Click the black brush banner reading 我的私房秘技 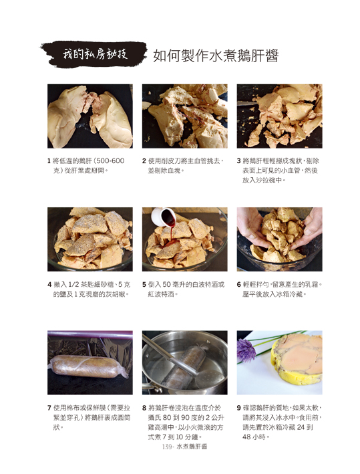point(94,54)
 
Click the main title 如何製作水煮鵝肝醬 point(216,55)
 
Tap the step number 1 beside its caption point(49,161)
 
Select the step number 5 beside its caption point(144,284)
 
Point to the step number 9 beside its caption point(239,408)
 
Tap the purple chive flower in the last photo point(246,350)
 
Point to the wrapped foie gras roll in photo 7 point(88,366)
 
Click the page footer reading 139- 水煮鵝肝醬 point(185,447)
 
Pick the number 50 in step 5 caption point(167,284)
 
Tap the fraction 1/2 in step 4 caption point(73,284)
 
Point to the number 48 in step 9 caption point(246,437)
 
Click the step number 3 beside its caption point(239,161)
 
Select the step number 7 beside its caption point(49,408)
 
